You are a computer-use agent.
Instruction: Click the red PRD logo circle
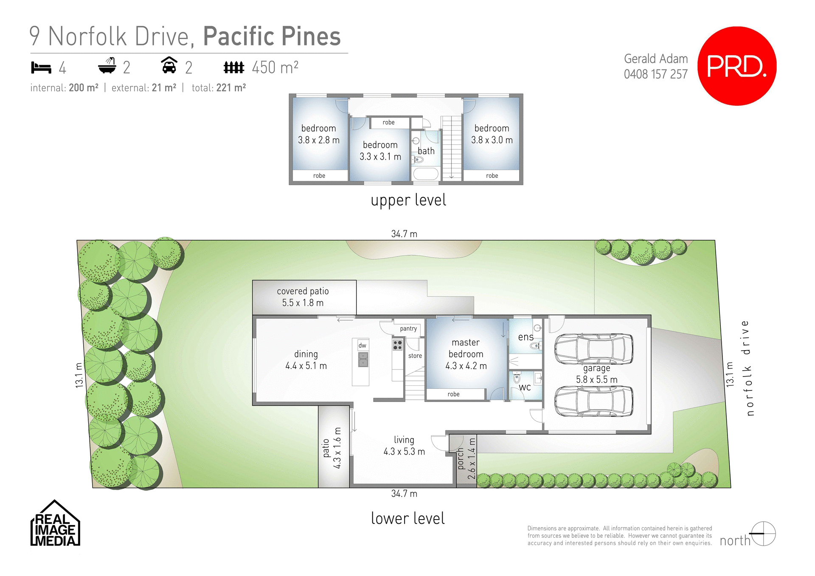737,66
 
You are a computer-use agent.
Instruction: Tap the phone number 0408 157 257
655,74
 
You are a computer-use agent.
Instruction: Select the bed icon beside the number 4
41,67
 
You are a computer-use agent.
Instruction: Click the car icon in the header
169,66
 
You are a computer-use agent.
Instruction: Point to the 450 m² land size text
275,67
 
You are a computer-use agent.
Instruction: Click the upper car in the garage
593,349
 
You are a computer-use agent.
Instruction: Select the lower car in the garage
593,401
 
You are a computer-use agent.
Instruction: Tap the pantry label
408,329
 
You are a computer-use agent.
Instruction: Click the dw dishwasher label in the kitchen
362,346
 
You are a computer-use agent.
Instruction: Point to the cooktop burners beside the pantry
397,345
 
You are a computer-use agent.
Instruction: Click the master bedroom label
466,354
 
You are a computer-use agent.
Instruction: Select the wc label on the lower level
525,387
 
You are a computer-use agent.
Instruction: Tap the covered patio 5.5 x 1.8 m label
303,297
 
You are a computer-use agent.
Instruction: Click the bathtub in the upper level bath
426,174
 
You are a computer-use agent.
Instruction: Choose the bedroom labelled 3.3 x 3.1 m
380,151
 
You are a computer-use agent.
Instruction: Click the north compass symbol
763,534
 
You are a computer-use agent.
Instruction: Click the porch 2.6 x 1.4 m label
466,459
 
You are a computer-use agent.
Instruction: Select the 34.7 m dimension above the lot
404,234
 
